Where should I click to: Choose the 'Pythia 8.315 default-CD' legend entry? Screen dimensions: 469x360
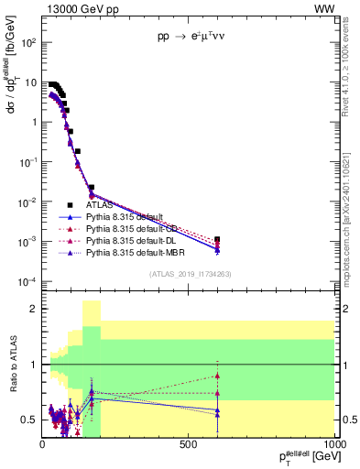pos(138,228)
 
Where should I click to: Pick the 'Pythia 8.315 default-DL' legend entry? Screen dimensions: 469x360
pos(137,239)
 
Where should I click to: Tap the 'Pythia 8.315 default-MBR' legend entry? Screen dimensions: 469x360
pos(140,250)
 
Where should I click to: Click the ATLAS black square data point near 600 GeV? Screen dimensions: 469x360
pos(217,239)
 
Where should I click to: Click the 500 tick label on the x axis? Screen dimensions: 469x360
pos(189,443)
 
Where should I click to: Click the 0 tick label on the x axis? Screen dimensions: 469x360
pos(42,443)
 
